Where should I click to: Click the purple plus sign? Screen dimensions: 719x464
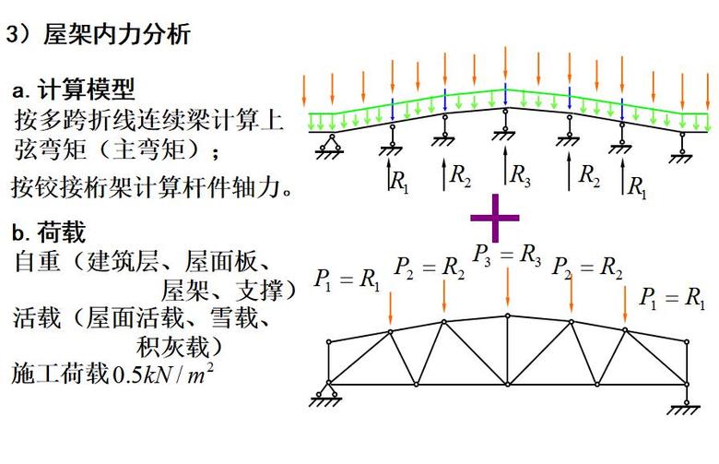(x=495, y=218)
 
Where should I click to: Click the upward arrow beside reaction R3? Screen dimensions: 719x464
(x=505, y=165)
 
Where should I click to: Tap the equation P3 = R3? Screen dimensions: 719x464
(x=507, y=256)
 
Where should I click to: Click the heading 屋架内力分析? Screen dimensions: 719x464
(x=117, y=34)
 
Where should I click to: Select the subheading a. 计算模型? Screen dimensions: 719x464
(x=74, y=89)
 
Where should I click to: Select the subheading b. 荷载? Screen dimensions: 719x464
(x=49, y=232)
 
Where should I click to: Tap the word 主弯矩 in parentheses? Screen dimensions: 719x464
(x=149, y=149)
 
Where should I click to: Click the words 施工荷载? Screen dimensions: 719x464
(x=61, y=374)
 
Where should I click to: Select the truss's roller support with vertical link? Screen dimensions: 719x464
(x=685, y=399)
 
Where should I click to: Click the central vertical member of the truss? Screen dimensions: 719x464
(x=508, y=350)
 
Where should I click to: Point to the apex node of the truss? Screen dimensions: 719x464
(x=508, y=315)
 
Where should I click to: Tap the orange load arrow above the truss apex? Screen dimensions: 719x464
(x=508, y=287)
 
